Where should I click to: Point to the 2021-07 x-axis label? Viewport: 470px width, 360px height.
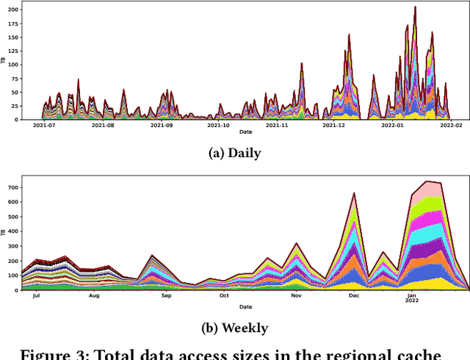tap(45, 126)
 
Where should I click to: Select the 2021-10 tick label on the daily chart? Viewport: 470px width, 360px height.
tap(218, 126)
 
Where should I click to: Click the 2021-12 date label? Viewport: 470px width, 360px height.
tap(334, 126)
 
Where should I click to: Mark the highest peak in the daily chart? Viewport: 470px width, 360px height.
tap(415, 7)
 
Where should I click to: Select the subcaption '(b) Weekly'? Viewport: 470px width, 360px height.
tap(235, 328)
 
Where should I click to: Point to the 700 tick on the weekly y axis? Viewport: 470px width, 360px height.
tap(13, 187)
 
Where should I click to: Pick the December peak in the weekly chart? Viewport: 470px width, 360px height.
tap(355, 194)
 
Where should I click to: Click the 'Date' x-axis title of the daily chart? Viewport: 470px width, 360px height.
tap(245, 132)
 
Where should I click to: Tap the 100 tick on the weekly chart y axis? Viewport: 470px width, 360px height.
tap(13, 276)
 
